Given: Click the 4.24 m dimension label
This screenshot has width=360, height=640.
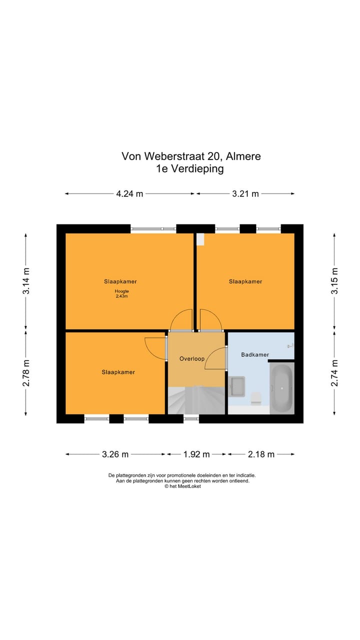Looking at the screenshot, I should (x=129, y=194).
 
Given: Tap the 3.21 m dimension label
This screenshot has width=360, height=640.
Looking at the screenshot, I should (x=245, y=194).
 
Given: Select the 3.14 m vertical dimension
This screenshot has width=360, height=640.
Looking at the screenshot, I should (x=26, y=281).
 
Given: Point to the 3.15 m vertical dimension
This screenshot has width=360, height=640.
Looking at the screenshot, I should (x=334, y=281).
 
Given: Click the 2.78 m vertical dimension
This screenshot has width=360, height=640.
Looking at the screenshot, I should (x=26, y=372).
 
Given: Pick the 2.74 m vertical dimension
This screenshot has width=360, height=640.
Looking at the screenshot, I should (x=334, y=372).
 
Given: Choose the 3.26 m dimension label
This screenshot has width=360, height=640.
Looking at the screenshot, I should (x=115, y=454).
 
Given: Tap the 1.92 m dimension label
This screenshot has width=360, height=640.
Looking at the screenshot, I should (x=196, y=454).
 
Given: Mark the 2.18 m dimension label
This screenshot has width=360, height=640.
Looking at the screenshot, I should (x=261, y=454).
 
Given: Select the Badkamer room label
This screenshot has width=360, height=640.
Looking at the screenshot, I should (x=255, y=355).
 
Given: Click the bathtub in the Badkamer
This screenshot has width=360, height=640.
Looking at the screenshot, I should (x=281, y=388).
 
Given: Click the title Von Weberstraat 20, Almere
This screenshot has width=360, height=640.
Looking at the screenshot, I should (x=191, y=156).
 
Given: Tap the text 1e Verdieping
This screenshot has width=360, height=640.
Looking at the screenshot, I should (x=189, y=168).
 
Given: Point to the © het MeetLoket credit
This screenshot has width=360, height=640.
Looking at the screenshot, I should (x=182, y=486).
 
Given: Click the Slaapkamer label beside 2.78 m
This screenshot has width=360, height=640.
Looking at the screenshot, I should (x=118, y=372).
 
